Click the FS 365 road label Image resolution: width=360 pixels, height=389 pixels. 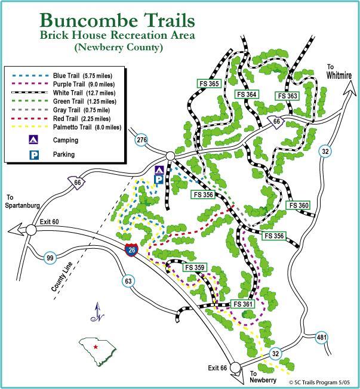210,84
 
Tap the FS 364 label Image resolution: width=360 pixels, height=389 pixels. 246,94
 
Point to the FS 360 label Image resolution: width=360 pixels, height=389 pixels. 299,205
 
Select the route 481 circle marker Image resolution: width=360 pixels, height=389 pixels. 321,337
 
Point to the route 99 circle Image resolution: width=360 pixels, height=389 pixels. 50,258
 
